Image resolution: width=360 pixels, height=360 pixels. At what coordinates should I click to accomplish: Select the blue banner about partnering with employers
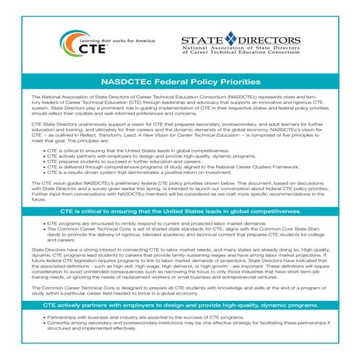tap(180, 308)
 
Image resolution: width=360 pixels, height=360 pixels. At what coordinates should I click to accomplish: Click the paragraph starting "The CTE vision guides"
tap(180, 190)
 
